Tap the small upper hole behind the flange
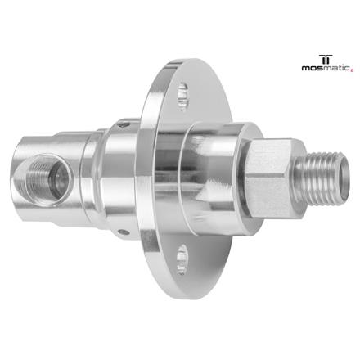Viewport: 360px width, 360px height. click(x=119, y=125)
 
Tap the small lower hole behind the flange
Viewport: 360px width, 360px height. click(x=123, y=232)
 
